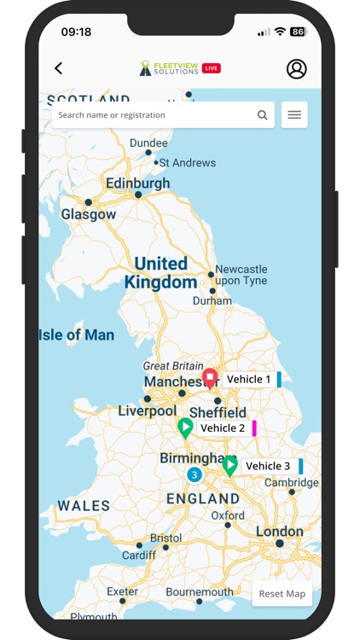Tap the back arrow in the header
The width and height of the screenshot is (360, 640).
59,68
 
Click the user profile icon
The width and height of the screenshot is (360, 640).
296,68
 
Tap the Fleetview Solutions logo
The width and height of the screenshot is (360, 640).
180,68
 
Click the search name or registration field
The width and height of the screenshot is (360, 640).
154,115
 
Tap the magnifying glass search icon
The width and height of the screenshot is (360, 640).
262,115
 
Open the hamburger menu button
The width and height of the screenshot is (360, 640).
294,115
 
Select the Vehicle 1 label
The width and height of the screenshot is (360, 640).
249,380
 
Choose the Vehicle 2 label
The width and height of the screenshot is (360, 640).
224,428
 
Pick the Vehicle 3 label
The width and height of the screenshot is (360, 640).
268,466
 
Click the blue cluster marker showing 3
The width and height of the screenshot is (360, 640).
195,475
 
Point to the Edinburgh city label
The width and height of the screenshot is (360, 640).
137,183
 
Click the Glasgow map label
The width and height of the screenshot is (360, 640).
88,215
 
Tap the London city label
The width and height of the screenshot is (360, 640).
279,532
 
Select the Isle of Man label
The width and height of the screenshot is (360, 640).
77,335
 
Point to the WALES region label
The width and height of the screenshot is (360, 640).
84,506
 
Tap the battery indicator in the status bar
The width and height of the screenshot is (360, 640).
298,32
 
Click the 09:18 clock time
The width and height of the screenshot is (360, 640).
76,32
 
